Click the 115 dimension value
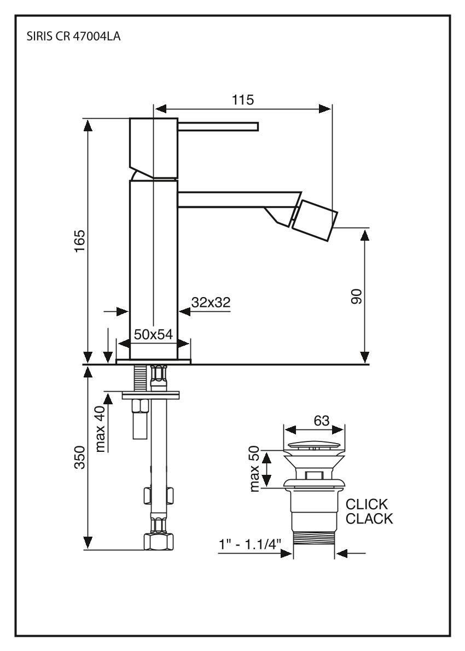(242, 100)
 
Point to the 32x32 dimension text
(211, 303)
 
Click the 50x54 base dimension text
(154, 334)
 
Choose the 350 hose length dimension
(79, 458)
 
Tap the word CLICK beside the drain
(367, 504)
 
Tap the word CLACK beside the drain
(370, 519)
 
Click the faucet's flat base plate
(154, 361)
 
